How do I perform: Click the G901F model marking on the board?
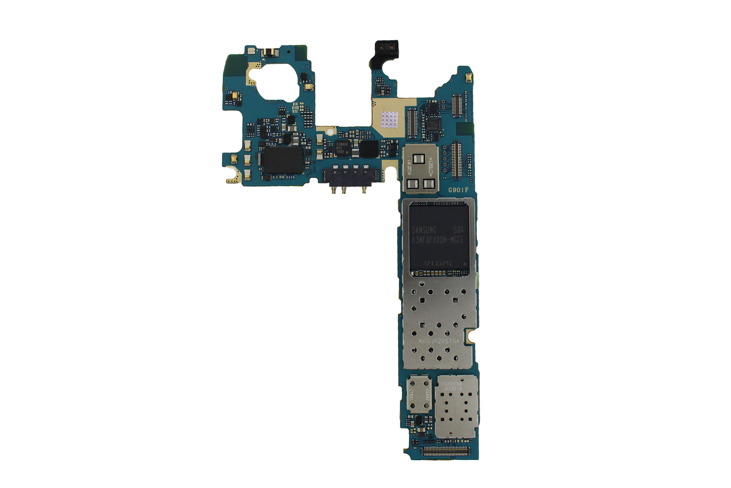[458, 190]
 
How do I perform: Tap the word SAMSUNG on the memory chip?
[424, 230]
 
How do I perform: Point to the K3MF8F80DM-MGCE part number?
[437, 240]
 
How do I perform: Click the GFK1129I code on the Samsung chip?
[438, 263]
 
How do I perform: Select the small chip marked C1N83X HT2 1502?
[341, 148]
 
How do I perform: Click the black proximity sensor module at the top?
[387, 48]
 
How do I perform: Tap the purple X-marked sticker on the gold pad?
[389, 119]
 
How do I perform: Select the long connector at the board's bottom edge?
[445, 451]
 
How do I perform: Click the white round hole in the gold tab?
[330, 132]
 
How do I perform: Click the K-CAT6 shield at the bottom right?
[456, 407]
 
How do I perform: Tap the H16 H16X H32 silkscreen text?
[295, 108]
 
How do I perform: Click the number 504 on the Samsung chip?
[458, 230]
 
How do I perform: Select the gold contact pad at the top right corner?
[468, 78]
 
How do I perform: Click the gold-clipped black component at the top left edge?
[268, 52]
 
